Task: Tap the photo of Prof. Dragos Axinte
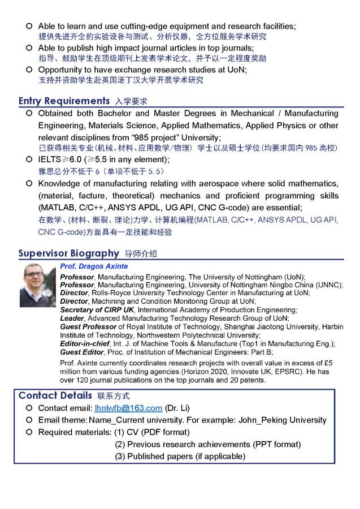38,285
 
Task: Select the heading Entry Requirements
64,101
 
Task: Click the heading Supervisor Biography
68,253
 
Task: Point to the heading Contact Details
55,395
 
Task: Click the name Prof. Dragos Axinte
94,266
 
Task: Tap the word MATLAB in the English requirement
55,208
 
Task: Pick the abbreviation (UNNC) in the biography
318,285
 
